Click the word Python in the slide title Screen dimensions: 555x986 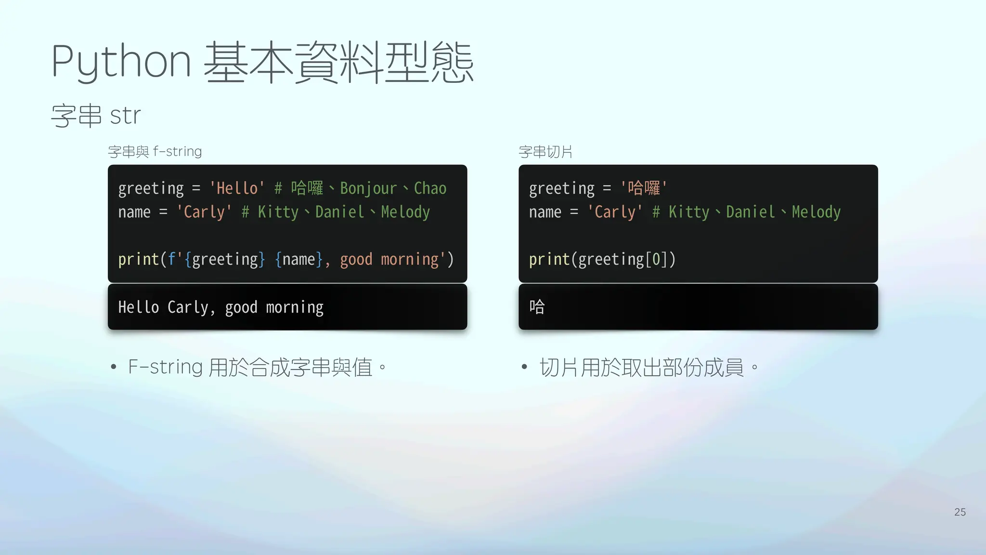121,62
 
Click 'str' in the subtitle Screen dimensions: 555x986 125,116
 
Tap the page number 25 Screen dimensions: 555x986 960,512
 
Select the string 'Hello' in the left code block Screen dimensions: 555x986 237,188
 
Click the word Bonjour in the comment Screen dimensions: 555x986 368,188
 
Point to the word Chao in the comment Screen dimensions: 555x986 430,188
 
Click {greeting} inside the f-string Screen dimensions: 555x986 225,260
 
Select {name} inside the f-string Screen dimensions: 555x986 298,260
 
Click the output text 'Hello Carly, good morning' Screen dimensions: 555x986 221,307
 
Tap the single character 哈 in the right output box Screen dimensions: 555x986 537,306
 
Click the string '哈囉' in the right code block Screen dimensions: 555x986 644,187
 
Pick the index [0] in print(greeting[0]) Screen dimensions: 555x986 656,260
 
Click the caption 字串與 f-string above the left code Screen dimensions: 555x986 155,152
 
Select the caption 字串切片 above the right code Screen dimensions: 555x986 545,152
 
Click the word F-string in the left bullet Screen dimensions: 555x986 165,367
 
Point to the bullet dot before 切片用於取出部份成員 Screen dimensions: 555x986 524,368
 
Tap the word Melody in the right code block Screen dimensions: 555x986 816,212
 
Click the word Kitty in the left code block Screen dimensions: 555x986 278,212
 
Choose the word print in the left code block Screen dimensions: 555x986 139,260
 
